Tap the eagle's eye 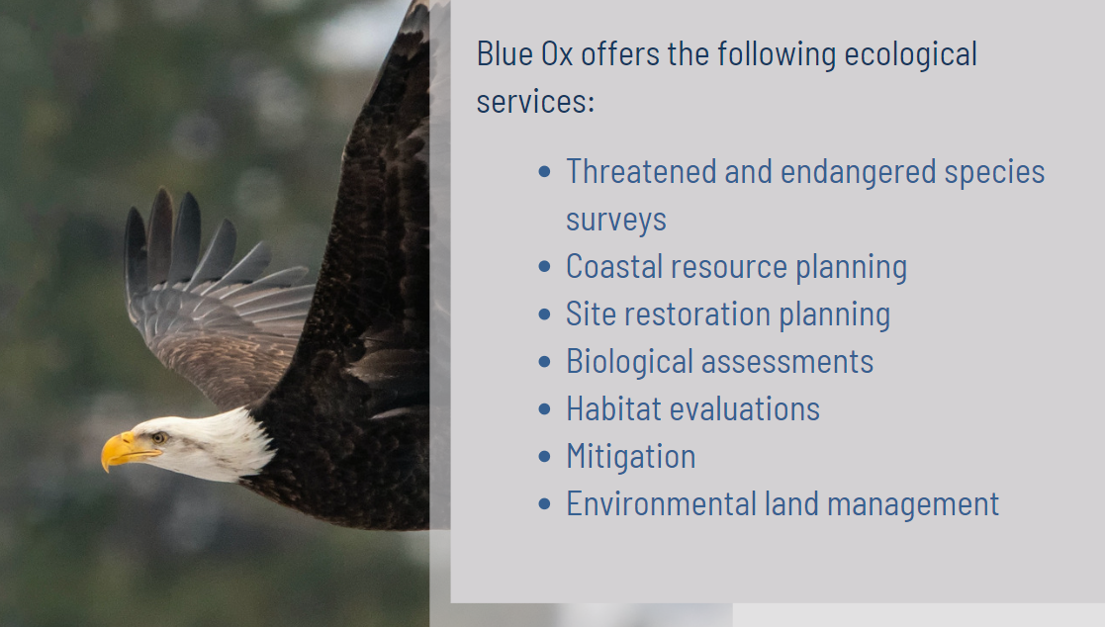(x=158, y=438)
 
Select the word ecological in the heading (x=910, y=55)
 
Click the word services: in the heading (x=535, y=102)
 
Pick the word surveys (x=616, y=221)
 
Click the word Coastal (x=613, y=266)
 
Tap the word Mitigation (x=631, y=457)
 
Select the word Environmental (x=662, y=503)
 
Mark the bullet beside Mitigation (x=544, y=457)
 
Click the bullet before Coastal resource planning (x=544, y=266)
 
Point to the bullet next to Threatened (x=544, y=172)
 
